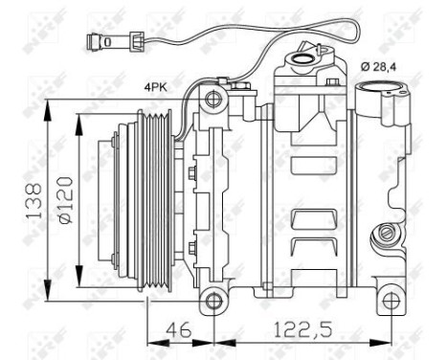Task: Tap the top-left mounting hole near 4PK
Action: pos(212,100)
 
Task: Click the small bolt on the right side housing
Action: pos(385,233)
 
